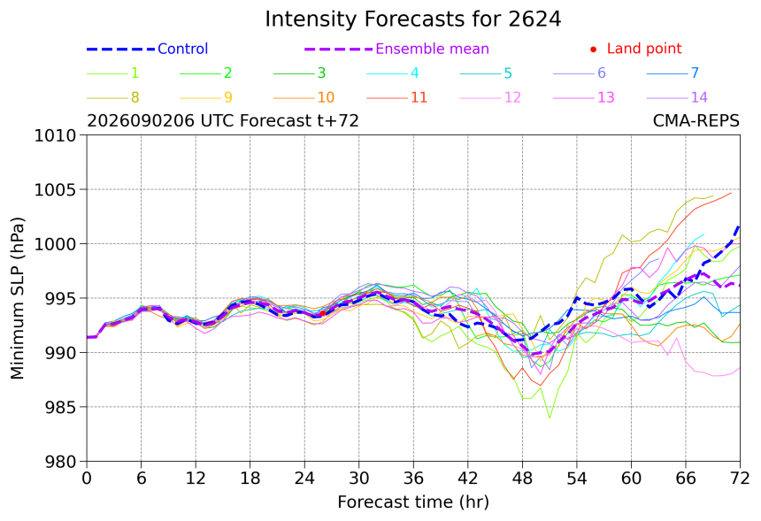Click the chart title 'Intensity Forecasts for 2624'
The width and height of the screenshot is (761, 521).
point(413,19)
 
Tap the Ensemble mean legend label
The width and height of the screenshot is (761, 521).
point(432,49)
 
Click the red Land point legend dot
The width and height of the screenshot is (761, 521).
point(593,50)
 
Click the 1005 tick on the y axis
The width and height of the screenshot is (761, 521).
point(55,189)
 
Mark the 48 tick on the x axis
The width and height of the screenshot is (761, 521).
point(522,479)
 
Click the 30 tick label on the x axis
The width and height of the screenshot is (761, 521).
point(358,479)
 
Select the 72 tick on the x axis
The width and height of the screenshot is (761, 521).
point(740,479)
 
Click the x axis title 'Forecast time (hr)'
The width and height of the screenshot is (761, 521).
point(413,502)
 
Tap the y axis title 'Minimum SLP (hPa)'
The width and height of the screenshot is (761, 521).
point(17,298)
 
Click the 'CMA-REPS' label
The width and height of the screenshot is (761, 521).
point(696,121)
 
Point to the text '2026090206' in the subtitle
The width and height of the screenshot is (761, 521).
point(142,121)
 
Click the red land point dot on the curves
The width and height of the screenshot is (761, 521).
point(323,313)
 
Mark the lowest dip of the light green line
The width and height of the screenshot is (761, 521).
point(550,418)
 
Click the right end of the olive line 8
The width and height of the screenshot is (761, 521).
point(713,196)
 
